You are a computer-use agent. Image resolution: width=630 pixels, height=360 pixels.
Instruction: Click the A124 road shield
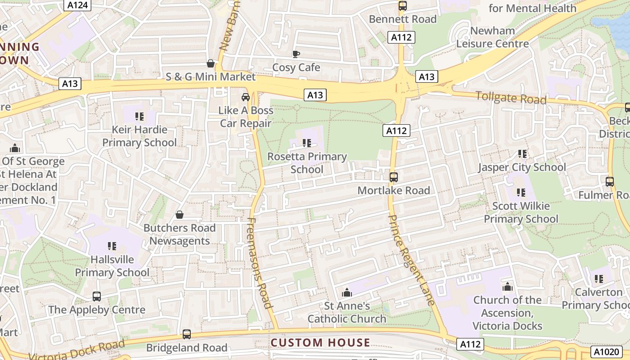tap(78, 5)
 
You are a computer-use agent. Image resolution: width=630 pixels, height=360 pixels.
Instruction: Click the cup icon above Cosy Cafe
tap(296, 54)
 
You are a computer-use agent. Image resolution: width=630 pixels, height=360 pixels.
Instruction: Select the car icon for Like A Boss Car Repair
tap(246, 97)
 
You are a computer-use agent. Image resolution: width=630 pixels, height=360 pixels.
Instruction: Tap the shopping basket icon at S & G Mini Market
tap(210, 63)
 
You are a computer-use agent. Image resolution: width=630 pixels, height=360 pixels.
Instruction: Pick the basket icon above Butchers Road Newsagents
tap(179, 215)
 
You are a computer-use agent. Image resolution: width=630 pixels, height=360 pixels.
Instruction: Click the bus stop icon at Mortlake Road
tap(393, 177)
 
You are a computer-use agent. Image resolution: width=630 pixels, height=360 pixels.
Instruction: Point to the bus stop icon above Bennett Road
tap(402, 6)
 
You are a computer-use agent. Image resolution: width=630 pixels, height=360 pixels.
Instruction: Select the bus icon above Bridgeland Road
tap(186, 334)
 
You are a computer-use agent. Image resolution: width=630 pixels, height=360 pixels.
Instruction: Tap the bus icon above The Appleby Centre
tap(96, 296)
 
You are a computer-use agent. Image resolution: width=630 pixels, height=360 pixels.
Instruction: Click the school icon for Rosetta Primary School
tap(307, 143)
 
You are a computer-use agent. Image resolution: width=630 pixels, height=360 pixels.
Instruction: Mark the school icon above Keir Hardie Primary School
tap(139, 117)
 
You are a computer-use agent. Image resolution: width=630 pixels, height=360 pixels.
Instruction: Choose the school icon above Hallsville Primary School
tap(112, 246)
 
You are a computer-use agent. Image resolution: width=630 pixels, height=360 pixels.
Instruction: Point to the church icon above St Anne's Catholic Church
tap(346, 293)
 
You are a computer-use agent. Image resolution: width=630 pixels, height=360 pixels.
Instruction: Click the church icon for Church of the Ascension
tap(507, 287)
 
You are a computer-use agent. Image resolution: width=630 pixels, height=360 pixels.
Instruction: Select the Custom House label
tap(320, 343)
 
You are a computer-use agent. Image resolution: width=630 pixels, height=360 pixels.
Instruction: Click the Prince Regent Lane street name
tap(411, 260)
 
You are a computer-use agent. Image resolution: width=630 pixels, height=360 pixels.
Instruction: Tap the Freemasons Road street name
tap(260, 263)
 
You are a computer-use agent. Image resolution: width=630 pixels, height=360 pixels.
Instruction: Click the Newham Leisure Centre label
tap(492, 37)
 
